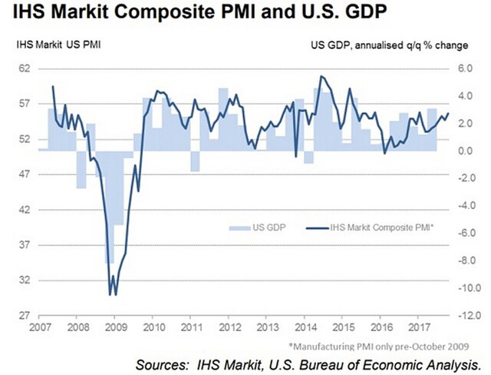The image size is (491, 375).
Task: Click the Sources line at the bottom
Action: tap(308, 362)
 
